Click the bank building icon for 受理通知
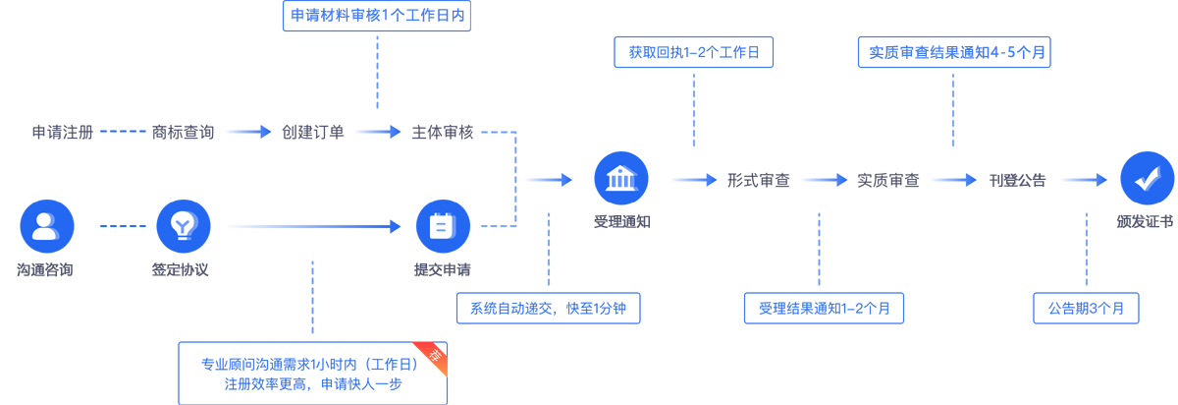click(621, 179)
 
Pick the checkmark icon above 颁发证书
click(1146, 179)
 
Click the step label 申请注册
click(63, 132)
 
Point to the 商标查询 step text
click(183, 132)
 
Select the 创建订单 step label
click(313, 132)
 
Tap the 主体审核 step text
click(443, 132)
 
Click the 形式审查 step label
click(759, 180)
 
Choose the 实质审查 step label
click(888, 180)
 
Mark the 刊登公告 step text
click(1018, 180)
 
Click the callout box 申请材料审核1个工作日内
click(378, 17)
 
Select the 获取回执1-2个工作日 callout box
click(694, 51)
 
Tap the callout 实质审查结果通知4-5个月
click(953, 51)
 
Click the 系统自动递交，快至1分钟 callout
click(548, 308)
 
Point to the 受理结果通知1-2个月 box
click(824, 308)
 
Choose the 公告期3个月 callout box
click(1086, 308)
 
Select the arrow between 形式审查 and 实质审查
click(824, 180)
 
